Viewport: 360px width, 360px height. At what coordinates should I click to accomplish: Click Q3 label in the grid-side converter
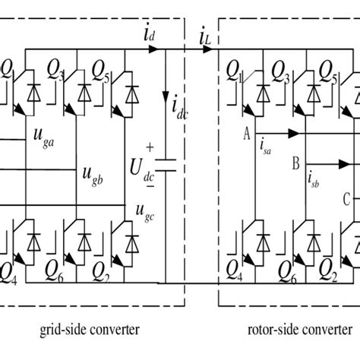tap(54, 72)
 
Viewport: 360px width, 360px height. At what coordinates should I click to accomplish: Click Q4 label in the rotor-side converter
tap(236, 269)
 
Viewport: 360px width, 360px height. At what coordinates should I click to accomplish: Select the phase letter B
tap(296, 162)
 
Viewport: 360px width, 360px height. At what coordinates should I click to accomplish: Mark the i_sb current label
tap(314, 179)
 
